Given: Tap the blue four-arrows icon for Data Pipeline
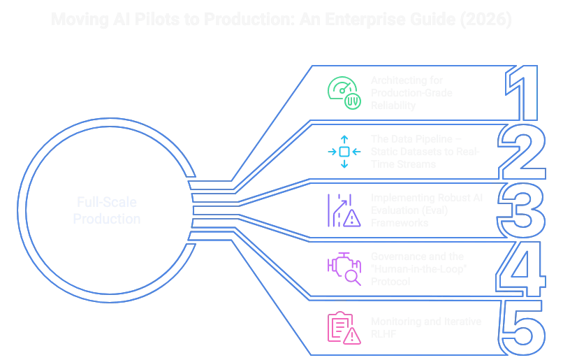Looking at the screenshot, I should [x=344, y=151].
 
